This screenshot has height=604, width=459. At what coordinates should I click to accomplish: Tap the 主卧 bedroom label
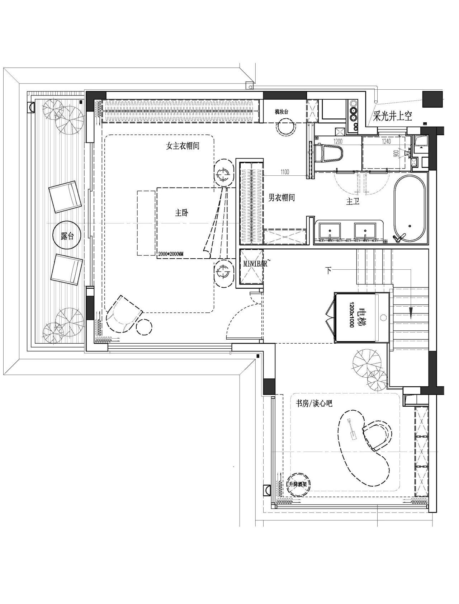[x=181, y=213]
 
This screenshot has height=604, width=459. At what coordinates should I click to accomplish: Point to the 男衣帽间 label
[x=281, y=197]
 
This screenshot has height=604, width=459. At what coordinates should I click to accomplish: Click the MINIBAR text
[x=255, y=264]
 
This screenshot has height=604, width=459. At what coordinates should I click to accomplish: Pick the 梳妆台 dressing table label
[x=281, y=112]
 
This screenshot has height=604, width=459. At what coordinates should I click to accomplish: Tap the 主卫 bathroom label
[x=352, y=202]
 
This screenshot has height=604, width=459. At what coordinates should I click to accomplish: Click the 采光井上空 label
[x=393, y=116]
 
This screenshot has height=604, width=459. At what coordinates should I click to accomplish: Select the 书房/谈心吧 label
[x=314, y=404]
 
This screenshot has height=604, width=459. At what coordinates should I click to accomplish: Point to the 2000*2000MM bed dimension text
[x=171, y=254]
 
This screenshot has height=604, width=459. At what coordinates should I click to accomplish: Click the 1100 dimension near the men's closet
[x=284, y=172]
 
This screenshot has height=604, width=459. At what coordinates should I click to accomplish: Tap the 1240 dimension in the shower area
[x=386, y=142]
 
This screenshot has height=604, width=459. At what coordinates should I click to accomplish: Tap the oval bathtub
[x=409, y=208]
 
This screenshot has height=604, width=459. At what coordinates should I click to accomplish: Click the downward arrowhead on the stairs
[x=411, y=312]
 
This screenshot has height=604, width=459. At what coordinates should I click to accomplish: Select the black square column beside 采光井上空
[x=432, y=99]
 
